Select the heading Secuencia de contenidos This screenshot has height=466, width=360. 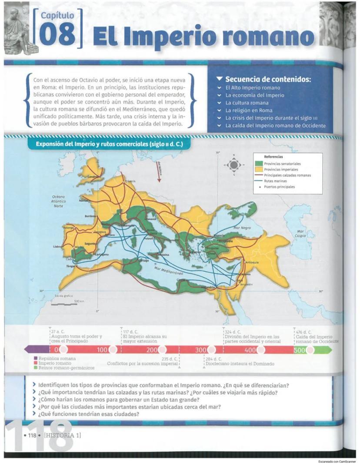(268, 80)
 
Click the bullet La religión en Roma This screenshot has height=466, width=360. (249, 111)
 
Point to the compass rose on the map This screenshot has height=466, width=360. (233, 165)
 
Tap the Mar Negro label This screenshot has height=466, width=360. (242, 228)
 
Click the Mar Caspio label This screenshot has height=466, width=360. (300, 234)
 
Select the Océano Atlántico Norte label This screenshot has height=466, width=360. (58, 201)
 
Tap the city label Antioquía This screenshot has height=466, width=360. (252, 262)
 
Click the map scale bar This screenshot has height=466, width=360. (64, 304)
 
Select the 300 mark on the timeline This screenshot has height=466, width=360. (201, 349)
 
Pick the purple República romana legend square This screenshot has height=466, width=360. (36, 359)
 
